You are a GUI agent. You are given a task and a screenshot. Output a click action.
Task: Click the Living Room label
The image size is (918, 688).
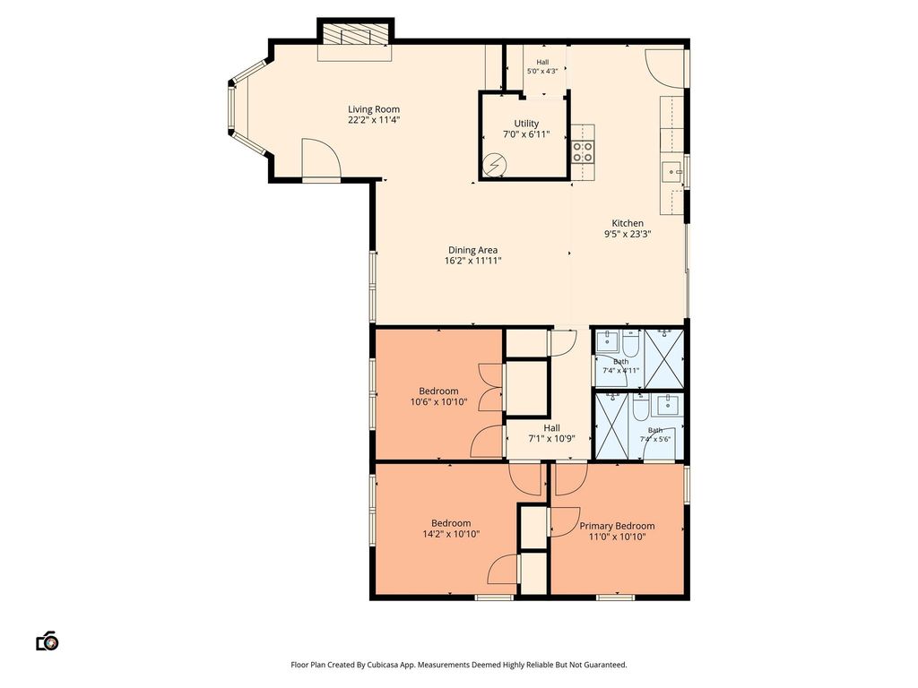[374, 109]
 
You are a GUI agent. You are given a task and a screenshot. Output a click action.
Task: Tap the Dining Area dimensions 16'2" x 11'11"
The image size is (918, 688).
[473, 261]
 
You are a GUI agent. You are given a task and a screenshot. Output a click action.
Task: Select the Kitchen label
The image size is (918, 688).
[628, 223]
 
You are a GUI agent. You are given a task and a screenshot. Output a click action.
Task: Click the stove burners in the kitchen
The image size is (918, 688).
[583, 151]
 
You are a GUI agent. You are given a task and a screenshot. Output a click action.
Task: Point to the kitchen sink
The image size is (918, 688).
[671, 173]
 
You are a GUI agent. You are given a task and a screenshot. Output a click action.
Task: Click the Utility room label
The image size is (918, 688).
[526, 124]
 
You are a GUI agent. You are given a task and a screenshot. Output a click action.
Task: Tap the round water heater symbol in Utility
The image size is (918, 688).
[494, 166]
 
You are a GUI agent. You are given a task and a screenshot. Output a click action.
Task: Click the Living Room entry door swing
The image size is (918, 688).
[321, 158]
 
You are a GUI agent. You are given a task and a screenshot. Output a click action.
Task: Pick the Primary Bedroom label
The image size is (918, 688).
[617, 526]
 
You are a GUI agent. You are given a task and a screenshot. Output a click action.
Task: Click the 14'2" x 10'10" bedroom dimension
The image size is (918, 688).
[452, 534]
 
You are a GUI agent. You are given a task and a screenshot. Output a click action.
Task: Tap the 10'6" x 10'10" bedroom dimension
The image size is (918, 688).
[438, 402]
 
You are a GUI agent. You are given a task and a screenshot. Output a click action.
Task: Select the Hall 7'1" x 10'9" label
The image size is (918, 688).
[551, 434]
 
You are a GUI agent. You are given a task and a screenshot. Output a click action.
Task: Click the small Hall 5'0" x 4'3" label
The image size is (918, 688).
[542, 66]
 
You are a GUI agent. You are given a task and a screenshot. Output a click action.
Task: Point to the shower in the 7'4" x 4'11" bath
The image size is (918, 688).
[663, 358]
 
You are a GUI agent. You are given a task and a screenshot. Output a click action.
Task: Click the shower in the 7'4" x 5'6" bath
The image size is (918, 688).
[613, 426]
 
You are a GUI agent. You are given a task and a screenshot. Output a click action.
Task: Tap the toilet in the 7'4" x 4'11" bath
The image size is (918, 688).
[630, 344]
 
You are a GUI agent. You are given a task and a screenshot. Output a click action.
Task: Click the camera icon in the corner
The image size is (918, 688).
[48, 641]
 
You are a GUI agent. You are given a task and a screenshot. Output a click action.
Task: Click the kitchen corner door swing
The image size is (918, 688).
[664, 69]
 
